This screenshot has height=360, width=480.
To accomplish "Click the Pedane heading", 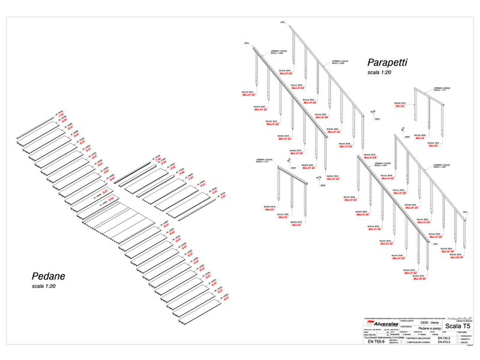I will [48, 277].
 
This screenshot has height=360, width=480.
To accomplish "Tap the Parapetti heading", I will [388, 62].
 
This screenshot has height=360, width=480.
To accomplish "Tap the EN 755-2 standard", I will [445, 338].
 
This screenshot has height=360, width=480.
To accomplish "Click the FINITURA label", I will [461, 331].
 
